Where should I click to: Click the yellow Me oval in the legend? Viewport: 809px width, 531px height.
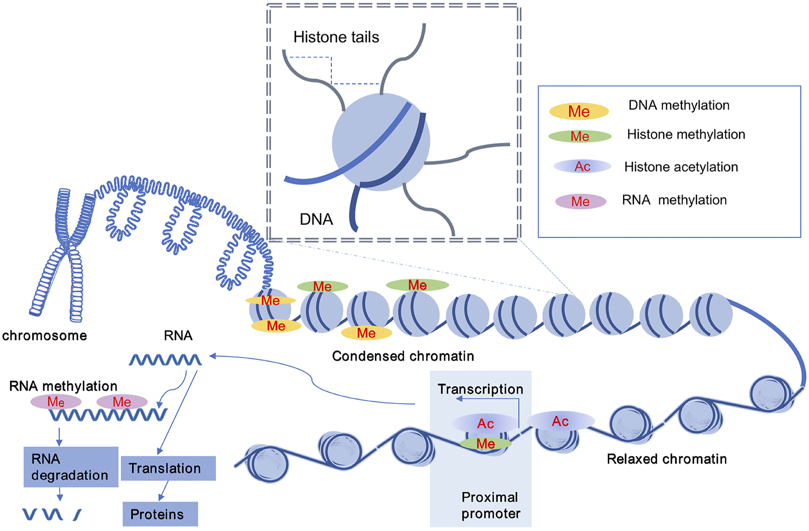coord(579,111)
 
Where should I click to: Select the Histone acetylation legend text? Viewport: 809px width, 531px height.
coord(681,167)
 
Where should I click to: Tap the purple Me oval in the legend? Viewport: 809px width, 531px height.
coord(581,202)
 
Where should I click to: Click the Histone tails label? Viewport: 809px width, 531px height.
coord(336,37)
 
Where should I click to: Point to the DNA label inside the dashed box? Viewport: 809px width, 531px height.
coord(316,220)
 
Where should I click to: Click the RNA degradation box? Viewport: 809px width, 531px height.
coord(71,467)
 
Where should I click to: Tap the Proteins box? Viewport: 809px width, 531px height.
coord(160,514)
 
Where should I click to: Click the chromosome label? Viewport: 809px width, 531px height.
coord(45,336)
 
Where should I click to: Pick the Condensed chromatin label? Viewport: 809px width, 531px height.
coord(403,356)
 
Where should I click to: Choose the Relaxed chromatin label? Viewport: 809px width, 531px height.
coord(667,459)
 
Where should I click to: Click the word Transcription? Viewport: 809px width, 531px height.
coord(480,389)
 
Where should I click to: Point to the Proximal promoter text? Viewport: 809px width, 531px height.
coord(490,506)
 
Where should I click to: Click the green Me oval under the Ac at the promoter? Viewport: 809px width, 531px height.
coord(485,444)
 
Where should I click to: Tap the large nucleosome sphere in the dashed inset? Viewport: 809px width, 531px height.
coord(381,142)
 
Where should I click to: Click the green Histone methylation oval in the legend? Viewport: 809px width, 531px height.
coord(580,136)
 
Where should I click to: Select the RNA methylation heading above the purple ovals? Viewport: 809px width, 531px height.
coord(63,386)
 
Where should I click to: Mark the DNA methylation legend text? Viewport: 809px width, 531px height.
coord(679,105)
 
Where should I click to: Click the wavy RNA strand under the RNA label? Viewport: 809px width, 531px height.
coord(165,360)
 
